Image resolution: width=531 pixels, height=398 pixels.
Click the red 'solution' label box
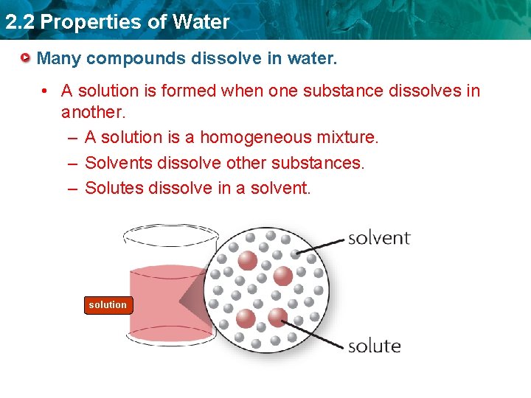(x=108, y=305)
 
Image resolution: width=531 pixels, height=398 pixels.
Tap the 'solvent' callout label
(x=378, y=237)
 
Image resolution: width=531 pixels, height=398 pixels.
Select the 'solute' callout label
(x=374, y=346)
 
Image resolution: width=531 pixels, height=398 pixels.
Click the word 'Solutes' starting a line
(x=114, y=188)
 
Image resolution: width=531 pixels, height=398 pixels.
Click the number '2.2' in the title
(x=19, y=22)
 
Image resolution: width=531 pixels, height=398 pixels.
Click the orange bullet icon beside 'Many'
(x=26, y=57)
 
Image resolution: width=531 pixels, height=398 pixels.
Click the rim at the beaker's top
(x=170, y=235)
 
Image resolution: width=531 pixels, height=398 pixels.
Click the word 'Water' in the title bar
(x=201, y=22)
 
